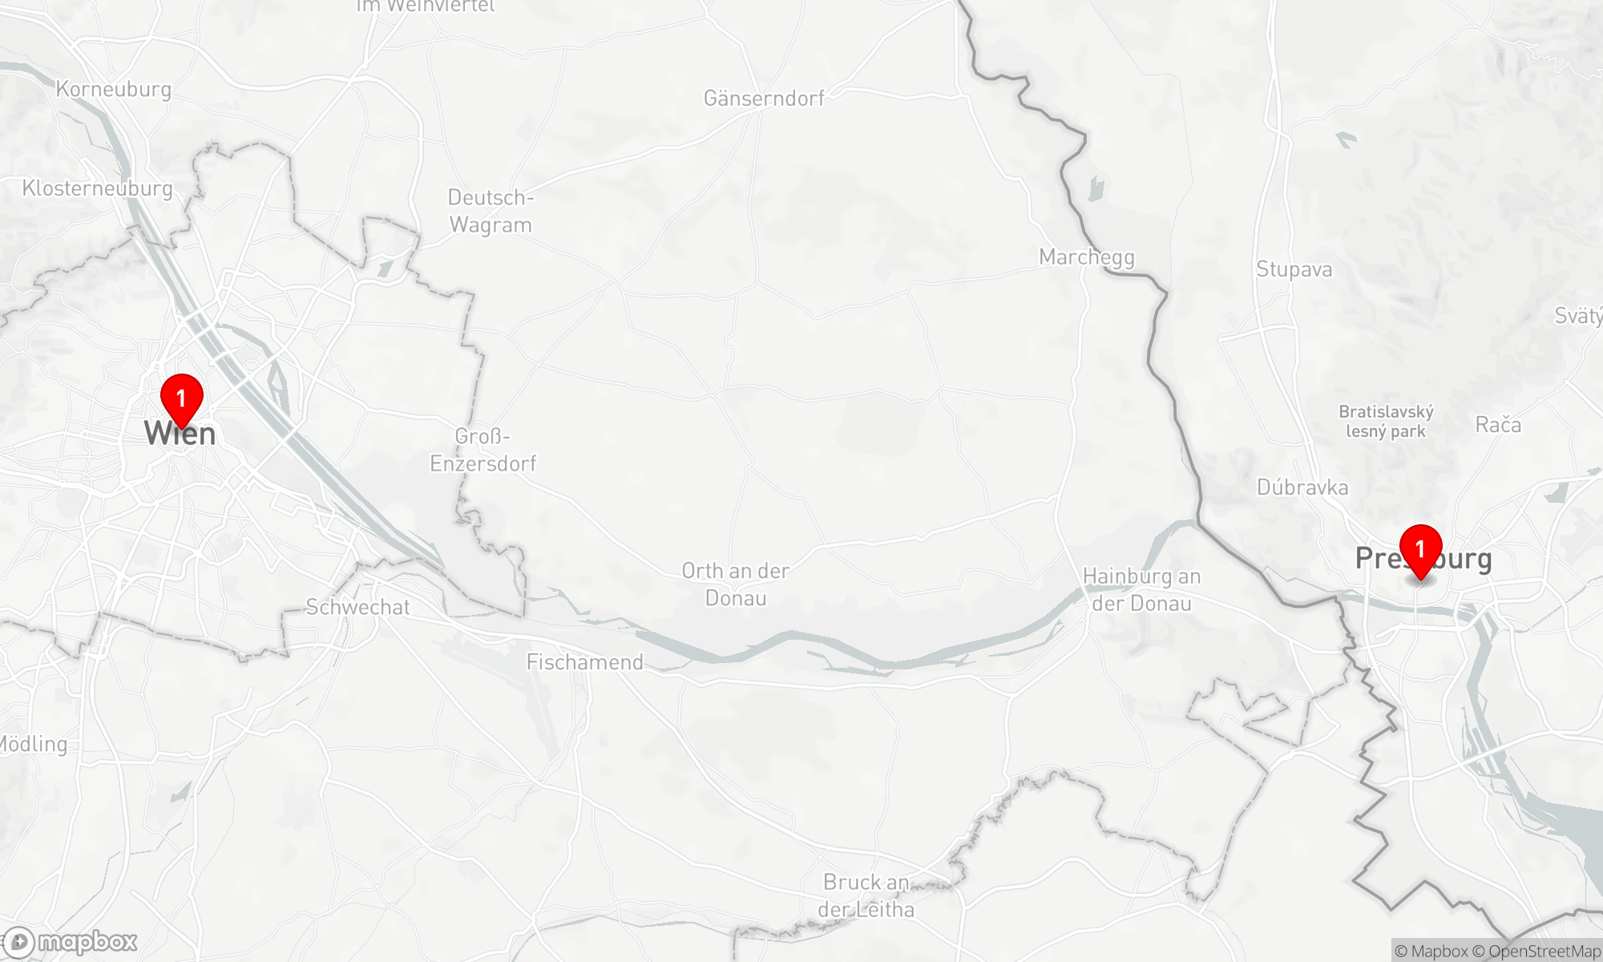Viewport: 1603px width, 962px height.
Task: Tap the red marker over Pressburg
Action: [x=1420, y=548]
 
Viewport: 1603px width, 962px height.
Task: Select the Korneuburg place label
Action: [x=114, y=89]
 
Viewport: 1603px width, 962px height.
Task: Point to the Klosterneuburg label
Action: [x=98, y=188]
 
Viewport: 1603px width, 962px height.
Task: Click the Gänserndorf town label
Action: [x=764, y=99]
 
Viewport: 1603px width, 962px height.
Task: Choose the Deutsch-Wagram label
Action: [x=491, y=211]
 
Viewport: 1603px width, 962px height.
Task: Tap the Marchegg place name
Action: [x=1087, y=257]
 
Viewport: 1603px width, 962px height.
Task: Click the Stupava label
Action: [x=1294, y=269]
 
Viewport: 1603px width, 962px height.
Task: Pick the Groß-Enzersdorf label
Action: [x=483, y=450]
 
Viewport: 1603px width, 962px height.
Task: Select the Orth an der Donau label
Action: [x=736, y=584]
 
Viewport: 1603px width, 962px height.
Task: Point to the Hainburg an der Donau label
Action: [x=1141, y=590]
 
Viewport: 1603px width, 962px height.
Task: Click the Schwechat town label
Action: [x=357, y=608]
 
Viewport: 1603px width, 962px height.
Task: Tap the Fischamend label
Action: [x=585, y=662]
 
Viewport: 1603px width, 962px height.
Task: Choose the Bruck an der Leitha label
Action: [x=866, y=895]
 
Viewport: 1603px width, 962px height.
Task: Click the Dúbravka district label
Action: [x=1302, y=487]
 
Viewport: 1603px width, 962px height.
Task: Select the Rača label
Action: [x=1498, y=425]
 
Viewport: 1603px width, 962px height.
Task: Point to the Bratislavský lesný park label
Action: [x=1386, y=422]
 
